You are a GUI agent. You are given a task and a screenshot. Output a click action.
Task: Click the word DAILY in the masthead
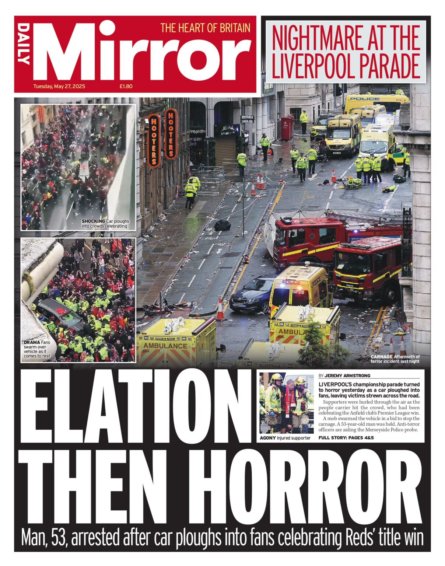[24, 44]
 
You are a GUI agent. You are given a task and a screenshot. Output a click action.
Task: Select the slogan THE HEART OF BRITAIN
[205, 28]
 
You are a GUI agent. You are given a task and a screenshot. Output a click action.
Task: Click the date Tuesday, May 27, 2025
[59, 86]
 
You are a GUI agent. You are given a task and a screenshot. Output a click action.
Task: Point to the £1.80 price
[126, 86]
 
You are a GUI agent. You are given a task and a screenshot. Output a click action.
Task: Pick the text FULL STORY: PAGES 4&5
[346, 438]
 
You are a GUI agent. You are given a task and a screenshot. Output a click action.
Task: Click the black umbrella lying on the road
[222, 225]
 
